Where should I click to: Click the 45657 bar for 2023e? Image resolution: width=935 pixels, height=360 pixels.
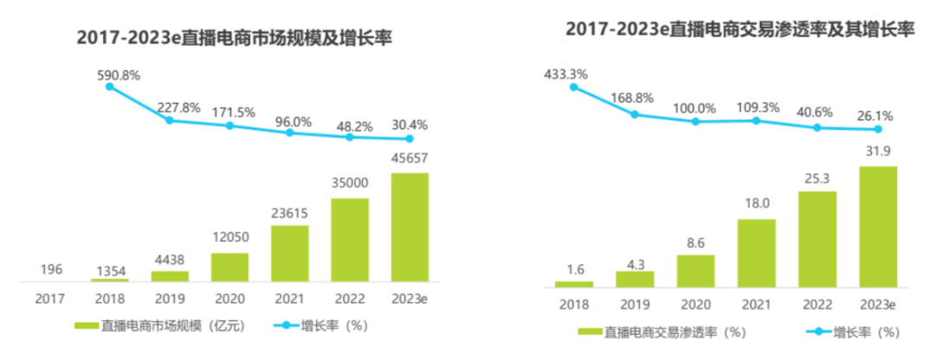[x=409, y=227]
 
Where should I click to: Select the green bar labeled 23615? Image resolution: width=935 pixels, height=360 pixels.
[x=290, y=254]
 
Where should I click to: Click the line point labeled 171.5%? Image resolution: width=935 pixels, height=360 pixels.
[x=229, y=125]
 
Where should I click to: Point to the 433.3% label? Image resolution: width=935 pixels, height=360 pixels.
[x=565, y=74]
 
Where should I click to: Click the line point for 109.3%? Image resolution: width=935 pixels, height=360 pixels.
[x=757, y=120]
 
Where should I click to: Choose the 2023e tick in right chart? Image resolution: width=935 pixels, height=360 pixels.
[x=878, y=305]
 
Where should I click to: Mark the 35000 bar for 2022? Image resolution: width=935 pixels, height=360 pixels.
[x=350, y=240]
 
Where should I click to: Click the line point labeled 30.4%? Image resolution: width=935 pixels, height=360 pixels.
[x=409, y=138]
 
